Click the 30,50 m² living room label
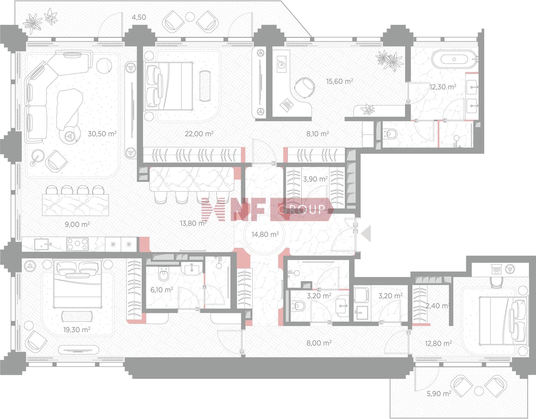[x=102, y=134]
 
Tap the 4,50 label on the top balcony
[x=139, y=17]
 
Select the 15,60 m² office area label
[x=340, y=81]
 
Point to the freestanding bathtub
[x=454, y=59]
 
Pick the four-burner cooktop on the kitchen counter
[x=77, y=244]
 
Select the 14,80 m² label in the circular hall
[x=265, y=234]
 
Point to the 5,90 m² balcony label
[x=439, y=393]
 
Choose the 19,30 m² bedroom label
[x=76, y=330]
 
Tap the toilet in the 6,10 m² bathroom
[x=163, y=275]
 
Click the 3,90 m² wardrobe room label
[x=315, y=179]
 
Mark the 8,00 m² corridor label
[x=319, y=343]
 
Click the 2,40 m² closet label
[x=437, y=306]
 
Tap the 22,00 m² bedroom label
[x=199, y=134]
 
